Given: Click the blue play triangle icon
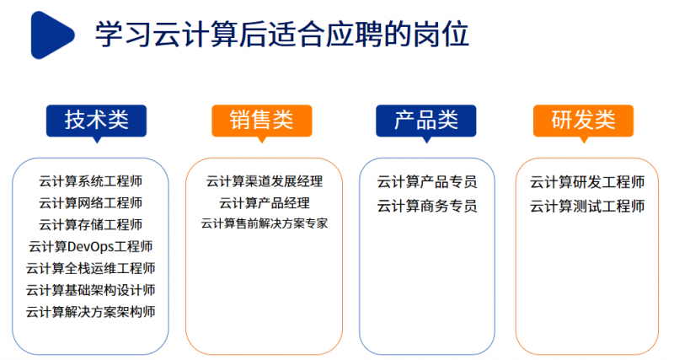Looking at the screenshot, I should point(52,35).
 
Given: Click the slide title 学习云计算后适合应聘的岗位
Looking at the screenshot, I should point(281,35).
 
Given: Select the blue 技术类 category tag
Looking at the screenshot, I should point(96,120).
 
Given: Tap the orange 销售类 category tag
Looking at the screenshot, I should point(261,120).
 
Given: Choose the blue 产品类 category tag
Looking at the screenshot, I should point(425,120).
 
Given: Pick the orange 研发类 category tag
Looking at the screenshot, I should point(583,120).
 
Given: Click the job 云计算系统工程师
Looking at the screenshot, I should point(90,181).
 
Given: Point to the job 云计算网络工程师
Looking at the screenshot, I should point(90,203).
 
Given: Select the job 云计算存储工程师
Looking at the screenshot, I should point(90,225).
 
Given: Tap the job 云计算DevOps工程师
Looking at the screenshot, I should point(90,247).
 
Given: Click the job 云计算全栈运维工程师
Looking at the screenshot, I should point(90,269).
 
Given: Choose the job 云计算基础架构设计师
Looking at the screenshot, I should point(90,290).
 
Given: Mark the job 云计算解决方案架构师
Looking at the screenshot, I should point(90,312).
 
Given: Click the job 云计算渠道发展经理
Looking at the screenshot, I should point(264,181).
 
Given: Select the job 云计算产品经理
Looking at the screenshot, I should point(264,203).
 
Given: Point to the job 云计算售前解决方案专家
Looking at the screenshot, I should point(264,224).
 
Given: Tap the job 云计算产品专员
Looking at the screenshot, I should point(426,182).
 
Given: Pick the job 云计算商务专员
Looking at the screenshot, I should point(426,207).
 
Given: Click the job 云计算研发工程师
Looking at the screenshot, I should point(587,182).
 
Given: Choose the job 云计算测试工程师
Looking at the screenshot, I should point(587,207).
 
